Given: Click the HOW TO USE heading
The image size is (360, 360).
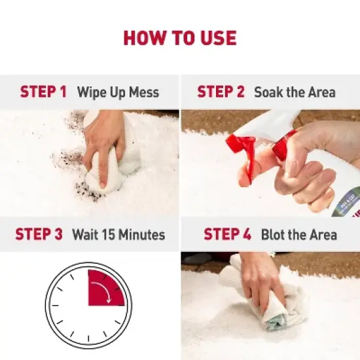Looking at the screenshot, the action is (x=180, y=38).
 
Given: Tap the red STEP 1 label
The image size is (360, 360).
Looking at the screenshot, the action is (x=43, y=92).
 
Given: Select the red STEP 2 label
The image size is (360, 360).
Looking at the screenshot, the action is (x=221, y=92).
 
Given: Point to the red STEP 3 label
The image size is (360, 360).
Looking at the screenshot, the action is (x=39, y=234).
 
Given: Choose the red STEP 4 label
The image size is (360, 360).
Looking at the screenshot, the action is (x=227, y=234).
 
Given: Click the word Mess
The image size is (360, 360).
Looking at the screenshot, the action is (x=144, y=92).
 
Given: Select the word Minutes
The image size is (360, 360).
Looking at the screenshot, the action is (x=142, y=234).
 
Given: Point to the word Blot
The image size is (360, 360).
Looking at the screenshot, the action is (x=273, y=234).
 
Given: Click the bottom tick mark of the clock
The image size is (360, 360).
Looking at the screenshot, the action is (x=88, y=339).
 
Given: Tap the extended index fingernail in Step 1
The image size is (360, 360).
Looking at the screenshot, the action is (x=103, y=185).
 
